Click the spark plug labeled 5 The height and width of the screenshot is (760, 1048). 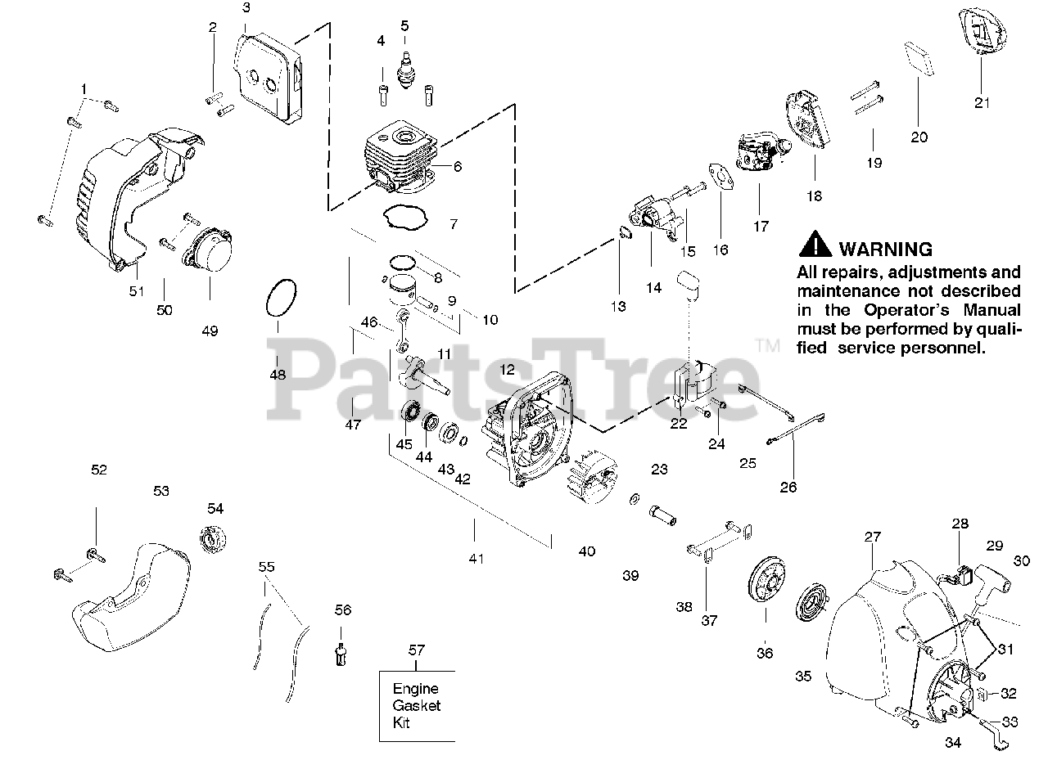tap(404, 67)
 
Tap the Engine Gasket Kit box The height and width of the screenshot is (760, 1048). tap(416, 705)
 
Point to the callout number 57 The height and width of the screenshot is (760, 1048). tap(418, 650)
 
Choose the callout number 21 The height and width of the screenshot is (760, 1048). tap(982, 102)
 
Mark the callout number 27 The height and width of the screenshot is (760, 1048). tap(873, 537)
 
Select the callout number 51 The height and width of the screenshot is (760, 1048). tap(137, 290)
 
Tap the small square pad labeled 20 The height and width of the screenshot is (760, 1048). tap(918, 59)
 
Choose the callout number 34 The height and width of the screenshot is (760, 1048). tap(952, 743)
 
